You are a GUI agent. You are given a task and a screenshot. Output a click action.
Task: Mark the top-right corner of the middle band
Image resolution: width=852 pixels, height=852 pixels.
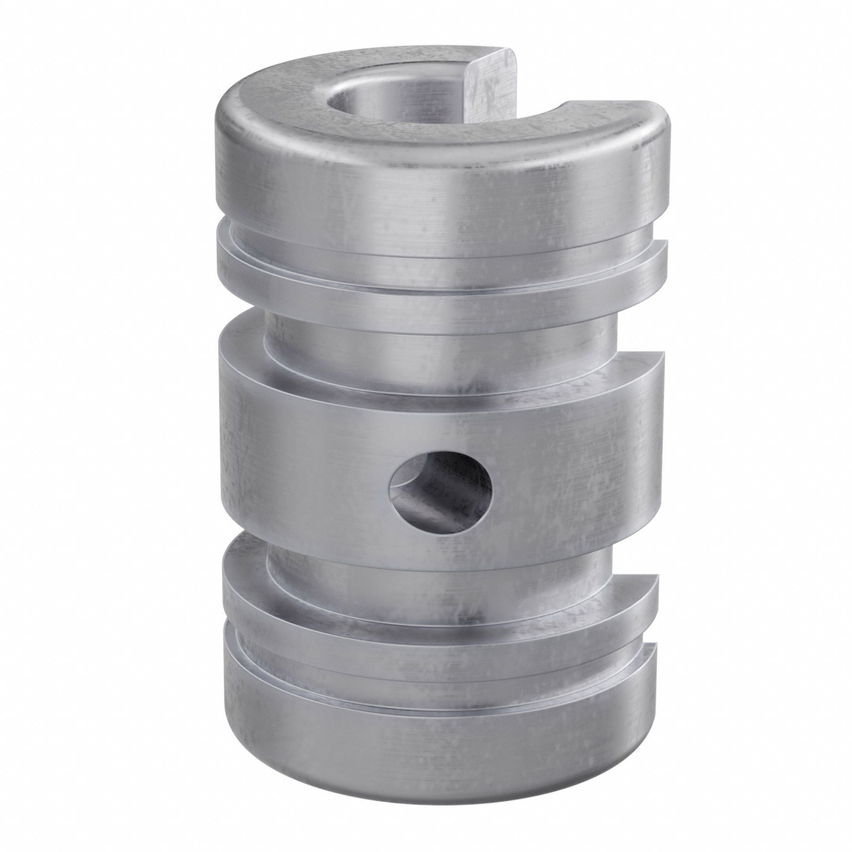click(x=659, y=355)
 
